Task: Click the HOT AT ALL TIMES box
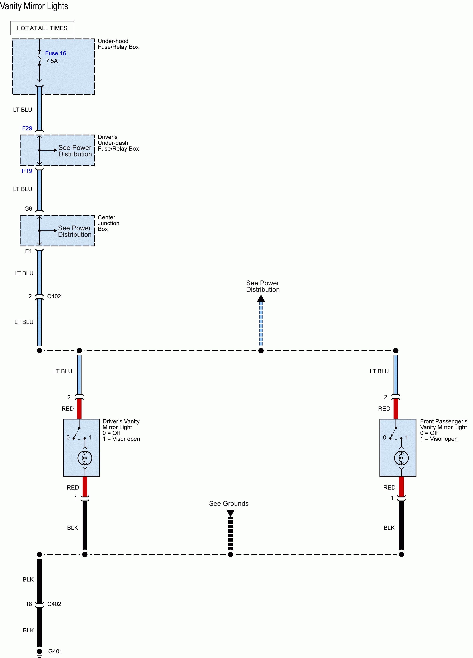tap(42, 28)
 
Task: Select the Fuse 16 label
tap(55, 53)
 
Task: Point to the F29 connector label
tap(27, 128)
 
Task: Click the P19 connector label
tap(27, 171)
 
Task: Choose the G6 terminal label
tap(28, 209)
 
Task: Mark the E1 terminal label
tap(28, 251)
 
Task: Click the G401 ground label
tap(55, 651)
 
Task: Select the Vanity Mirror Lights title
tap(34, 6)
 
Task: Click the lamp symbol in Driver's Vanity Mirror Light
tap(85, 458)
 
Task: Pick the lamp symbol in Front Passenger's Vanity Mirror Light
tap(401, 458)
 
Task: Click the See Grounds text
tap(229, 504)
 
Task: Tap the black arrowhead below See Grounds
tap(231, 513)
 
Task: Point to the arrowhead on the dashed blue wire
tap(261, 299)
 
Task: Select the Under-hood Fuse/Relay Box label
tap(118, 44)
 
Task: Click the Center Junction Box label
tap(108, 223)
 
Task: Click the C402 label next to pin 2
tap(54, 296)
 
